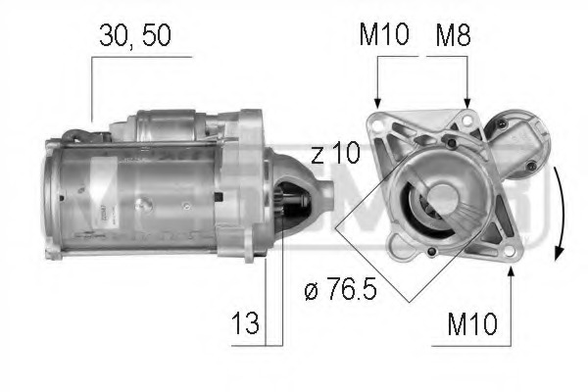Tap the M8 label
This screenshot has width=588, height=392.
point(454,36)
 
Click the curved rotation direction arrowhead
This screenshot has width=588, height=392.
point(557,252)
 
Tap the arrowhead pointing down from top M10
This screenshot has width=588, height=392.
point(377,101)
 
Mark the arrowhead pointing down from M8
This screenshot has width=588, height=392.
point(467,101)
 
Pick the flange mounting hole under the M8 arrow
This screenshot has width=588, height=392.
point(467,122)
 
